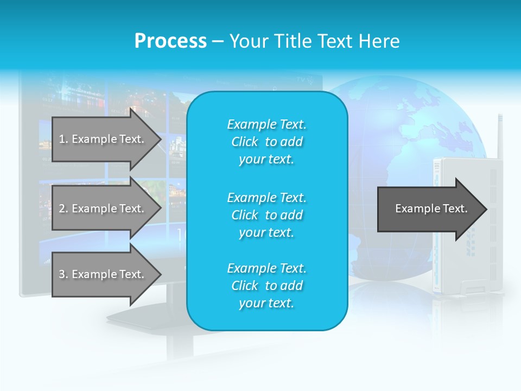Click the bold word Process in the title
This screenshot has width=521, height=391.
click(x=170, y=41)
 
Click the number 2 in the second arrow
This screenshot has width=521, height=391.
click(x=62, y=209)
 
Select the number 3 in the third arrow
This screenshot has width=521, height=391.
click(x=62, y=274)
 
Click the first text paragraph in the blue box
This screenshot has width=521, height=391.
click(x=266, y=142)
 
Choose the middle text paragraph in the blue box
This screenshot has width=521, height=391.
click(x=266, y=215)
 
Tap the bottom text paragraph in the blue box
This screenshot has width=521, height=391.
click(x=266, y=286)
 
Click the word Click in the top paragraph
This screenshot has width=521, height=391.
click(x=244, y=142)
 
